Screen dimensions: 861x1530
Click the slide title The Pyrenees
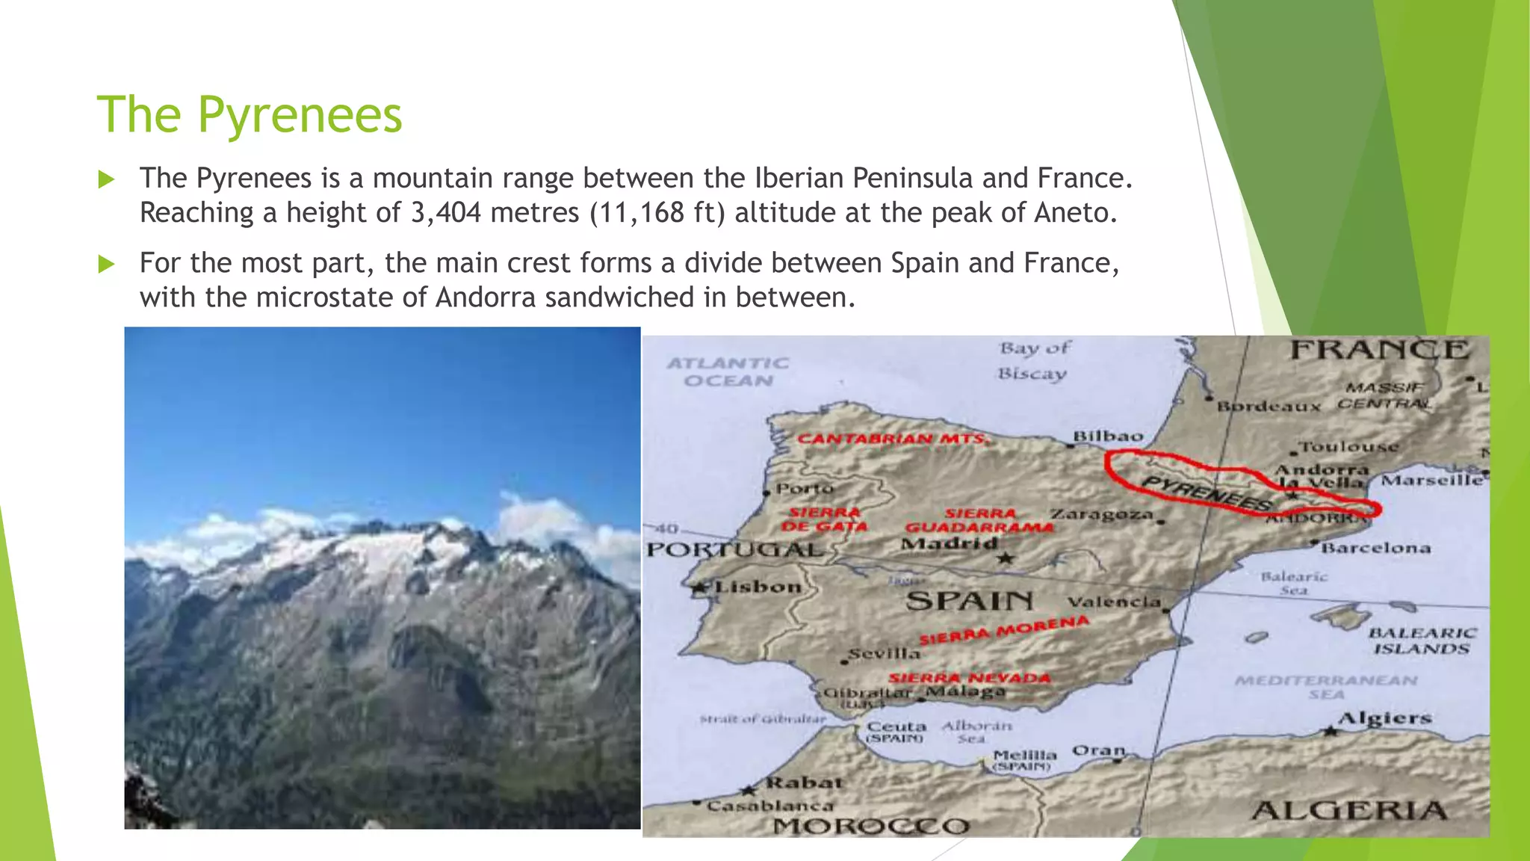click(250, 115)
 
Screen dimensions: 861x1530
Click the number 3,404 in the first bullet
click(446, 213)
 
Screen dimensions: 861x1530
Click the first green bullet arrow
click(107, 179)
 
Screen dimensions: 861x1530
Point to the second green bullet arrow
click(107, 264)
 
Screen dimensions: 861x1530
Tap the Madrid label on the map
click(949, 543)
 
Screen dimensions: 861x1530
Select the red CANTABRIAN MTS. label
click(893, 439)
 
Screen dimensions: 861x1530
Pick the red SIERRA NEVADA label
click(970, 678)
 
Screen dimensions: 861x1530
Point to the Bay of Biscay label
click(1034, 360)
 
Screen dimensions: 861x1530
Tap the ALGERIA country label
click(1349, 810)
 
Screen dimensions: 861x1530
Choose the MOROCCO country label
click(871, 826)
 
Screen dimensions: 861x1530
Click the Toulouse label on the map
click(1349, 447)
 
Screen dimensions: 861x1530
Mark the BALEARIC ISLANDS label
click(1422, 641)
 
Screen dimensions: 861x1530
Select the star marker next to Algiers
click(1330, 730)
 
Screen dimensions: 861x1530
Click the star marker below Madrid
click(1006, 558)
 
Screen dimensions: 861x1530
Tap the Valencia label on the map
click(1114, 602)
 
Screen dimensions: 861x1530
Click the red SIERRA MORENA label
click(1003, 630)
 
